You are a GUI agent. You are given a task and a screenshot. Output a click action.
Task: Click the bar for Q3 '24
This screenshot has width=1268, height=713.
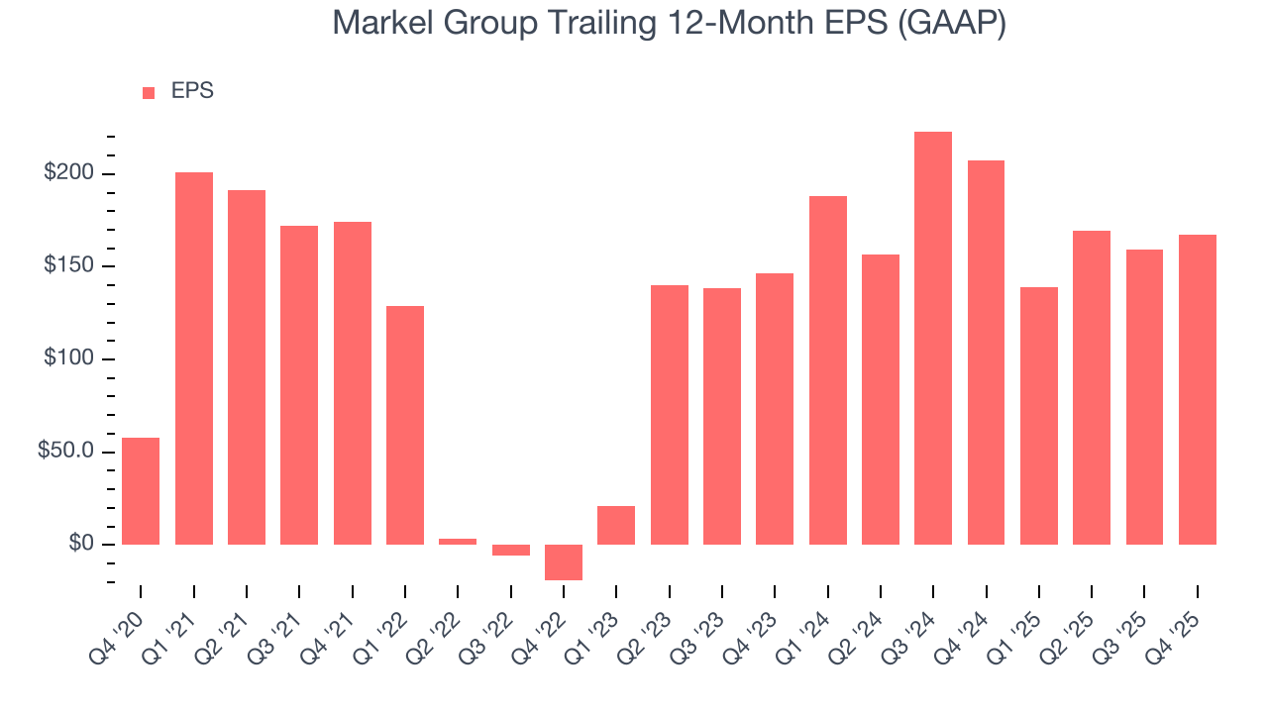click(x=933, y=338)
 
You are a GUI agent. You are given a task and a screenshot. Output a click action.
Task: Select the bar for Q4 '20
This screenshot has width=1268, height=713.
click(x=141, y=491)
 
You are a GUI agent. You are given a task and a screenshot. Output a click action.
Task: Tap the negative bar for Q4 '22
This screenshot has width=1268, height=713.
click(x=564, y=561)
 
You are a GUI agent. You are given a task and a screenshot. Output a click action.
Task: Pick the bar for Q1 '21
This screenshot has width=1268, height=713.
click(x=194, y=358)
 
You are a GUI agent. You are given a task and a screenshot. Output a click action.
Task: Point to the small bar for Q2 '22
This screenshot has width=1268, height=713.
click(x=458, y=541)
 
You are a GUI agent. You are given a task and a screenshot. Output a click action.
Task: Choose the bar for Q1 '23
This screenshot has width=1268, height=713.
click(x=616, y=525)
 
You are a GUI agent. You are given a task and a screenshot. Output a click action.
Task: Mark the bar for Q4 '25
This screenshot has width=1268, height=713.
click(x=1198, y=389)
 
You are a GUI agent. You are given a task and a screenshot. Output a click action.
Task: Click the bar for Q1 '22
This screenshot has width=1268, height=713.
click(x=405, y=425)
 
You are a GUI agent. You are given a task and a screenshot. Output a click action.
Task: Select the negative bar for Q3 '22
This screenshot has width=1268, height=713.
click(x=511, y=550)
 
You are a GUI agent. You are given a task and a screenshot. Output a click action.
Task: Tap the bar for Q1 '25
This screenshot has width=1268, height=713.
click(x=1039, y=416)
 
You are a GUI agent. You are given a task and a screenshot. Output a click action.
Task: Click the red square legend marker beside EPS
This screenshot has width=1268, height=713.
click(x=149, y=92)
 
